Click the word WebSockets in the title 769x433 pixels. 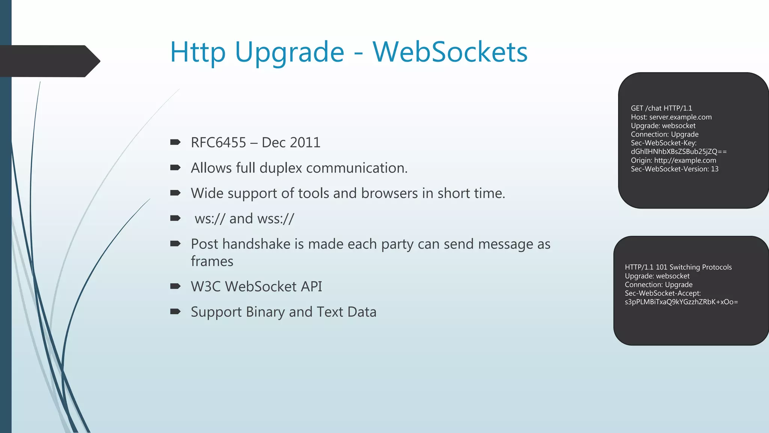click(450, 52)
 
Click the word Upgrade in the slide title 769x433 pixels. click(289, 53)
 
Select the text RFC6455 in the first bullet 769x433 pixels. click(218, 143)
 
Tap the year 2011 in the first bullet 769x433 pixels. click(305, 143)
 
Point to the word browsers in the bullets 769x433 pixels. click(389, 193)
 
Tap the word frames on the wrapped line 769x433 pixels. click(212, 261)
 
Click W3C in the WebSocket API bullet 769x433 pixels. click(205, 287)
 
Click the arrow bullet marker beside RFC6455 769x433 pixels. click(175, 142)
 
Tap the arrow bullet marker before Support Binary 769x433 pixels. click(175, 311)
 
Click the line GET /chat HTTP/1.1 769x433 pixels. click(661, 108)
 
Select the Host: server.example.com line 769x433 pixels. click(671, 117)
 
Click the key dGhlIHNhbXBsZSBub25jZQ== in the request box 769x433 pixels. click(679, 151)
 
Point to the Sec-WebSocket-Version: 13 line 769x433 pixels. click(674, 169)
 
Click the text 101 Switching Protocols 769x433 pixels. click(694, 267)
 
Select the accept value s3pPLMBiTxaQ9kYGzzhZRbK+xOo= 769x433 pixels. click(681, 302)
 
